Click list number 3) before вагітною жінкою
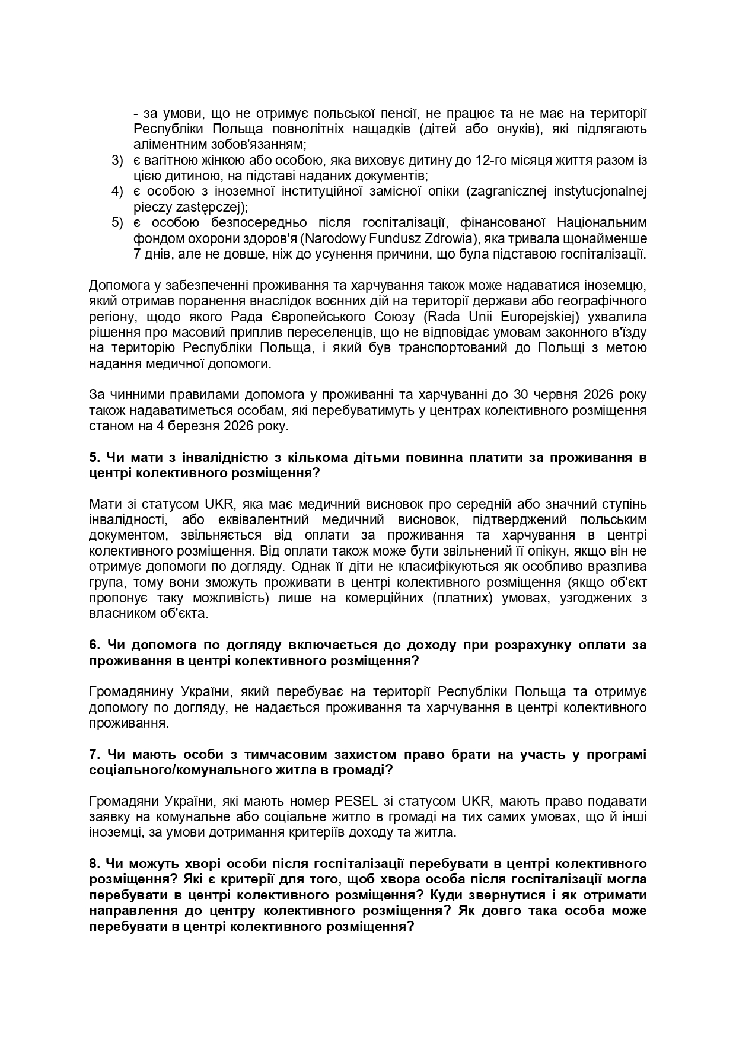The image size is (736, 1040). (117, 160)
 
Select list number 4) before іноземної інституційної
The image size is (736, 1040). (117, 191)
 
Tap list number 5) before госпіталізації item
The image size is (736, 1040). (117, 222)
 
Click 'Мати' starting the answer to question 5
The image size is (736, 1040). (103, 504)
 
